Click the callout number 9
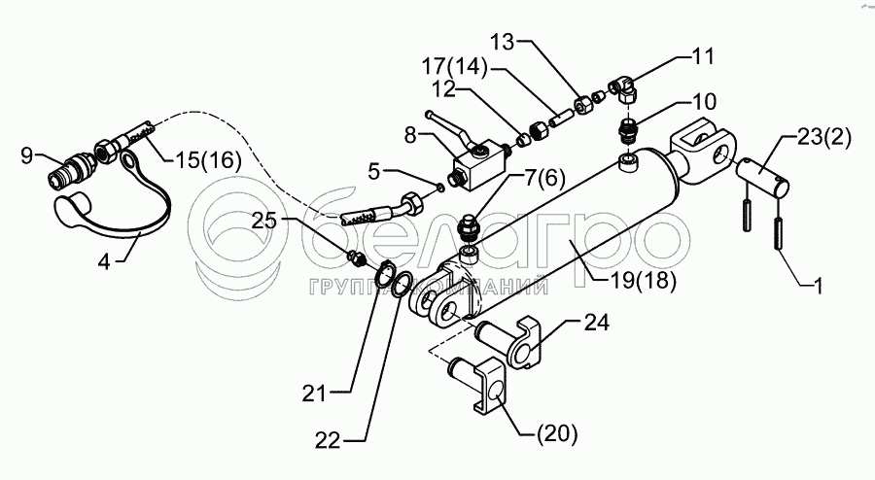27,155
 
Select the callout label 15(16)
208,160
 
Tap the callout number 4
104,261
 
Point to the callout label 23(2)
823,138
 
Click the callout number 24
596,323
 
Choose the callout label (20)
556,433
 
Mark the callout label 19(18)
642,281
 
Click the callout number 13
503,42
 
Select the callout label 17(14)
454,67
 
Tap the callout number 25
263,221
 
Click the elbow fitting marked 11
623,90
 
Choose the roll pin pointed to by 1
777,235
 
